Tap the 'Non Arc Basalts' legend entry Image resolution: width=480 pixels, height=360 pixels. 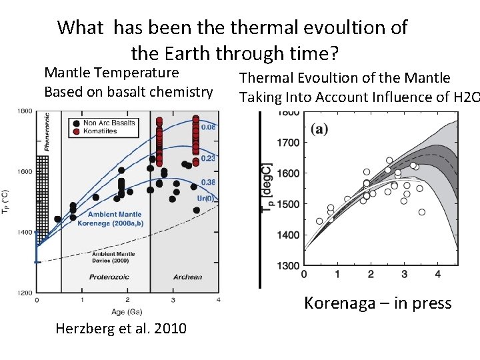(109, 123)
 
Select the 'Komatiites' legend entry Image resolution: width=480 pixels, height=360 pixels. (101, 131)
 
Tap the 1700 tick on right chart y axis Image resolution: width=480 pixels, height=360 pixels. (289, 143)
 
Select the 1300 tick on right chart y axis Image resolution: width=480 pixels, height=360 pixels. (289, 266)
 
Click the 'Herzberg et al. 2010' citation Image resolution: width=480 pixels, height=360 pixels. (121, 329)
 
